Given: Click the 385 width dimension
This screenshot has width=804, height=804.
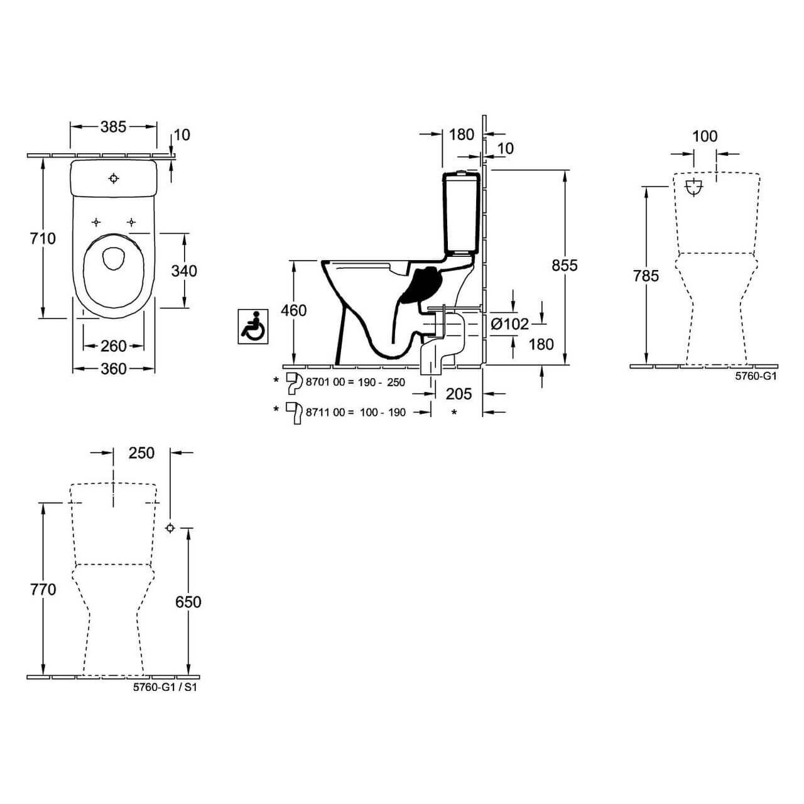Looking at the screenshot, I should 113,127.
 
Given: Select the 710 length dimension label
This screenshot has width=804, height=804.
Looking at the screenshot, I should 42,239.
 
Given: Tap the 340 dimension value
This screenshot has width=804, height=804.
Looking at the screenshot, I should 184,271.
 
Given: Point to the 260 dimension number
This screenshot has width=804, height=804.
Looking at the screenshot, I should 113,346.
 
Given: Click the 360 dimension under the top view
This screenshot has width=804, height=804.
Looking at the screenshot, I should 113,369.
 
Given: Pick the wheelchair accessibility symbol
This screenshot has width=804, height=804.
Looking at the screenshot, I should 253,327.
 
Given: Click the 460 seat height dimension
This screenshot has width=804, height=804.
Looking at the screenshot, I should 294,310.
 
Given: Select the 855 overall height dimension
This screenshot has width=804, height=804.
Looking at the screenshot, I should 564,266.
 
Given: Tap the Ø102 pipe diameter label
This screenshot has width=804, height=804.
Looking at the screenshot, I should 509,324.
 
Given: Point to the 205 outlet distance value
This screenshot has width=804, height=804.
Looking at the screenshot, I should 459,394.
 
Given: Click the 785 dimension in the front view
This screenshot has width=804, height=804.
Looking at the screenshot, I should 646,276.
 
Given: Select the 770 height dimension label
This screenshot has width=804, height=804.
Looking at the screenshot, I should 42,590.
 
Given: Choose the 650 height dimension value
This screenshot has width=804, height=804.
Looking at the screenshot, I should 188,602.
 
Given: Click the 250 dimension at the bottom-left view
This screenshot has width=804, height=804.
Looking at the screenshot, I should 141,453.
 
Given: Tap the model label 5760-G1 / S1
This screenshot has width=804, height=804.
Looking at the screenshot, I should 165,688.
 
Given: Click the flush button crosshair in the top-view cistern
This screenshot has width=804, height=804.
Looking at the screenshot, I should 114,179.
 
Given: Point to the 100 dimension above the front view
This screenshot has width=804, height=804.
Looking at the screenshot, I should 705,136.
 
